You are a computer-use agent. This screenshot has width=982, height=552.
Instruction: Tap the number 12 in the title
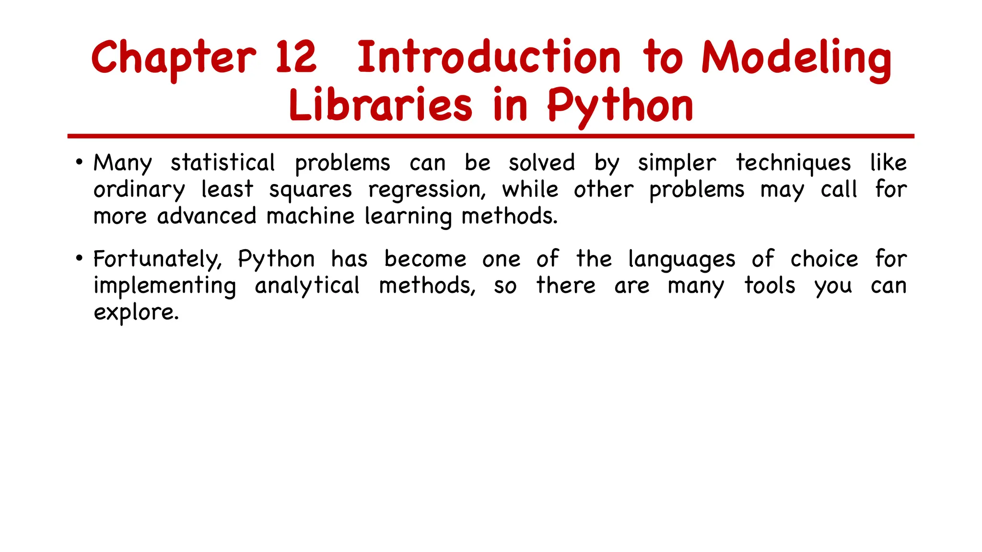coord(296,57)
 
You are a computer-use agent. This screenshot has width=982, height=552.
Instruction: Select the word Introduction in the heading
coord(489,57)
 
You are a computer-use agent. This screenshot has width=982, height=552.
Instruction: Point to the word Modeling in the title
coord(796,59)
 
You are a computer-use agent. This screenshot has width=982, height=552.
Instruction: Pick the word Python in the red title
coord(620,106)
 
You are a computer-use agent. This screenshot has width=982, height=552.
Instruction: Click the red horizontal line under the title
coord(491,137)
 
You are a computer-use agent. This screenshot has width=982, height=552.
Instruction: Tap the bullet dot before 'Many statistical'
coord(80,161)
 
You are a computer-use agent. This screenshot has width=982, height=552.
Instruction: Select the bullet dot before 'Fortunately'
coord(80,258)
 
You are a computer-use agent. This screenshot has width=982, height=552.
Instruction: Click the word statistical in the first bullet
coord(223,162)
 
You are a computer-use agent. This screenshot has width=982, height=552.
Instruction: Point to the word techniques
coord(794,163)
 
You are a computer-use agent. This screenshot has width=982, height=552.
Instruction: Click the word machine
coord(310,216)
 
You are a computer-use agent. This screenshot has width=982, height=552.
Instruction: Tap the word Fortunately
coord(157,259)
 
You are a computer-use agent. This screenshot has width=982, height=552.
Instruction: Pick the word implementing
coord(165,286)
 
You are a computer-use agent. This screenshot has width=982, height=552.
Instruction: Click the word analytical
coord(307,286)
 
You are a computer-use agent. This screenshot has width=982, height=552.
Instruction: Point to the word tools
coord(770,286)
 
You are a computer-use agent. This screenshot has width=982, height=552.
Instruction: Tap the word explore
coord(136,313)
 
